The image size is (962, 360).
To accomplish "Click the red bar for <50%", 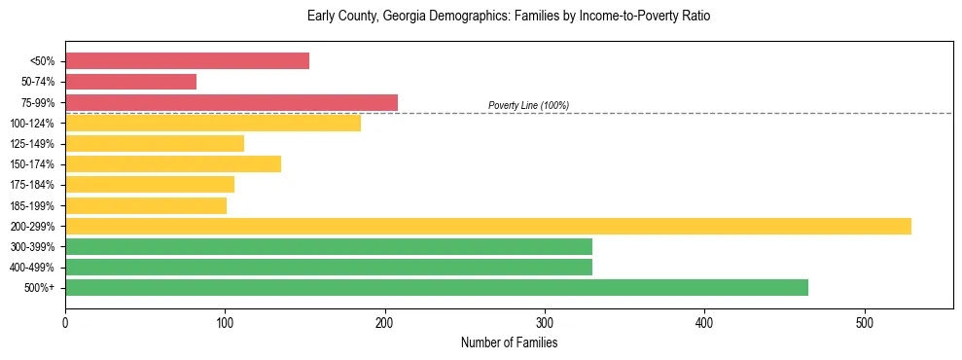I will [x=187, y=61].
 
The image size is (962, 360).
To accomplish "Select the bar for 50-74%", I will [x=130, y=82].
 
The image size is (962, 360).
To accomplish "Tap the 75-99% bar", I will [x=232, y=102].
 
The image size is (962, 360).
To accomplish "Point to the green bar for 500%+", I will [x=437, y=288].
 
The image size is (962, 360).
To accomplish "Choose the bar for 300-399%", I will [x=329, y=247].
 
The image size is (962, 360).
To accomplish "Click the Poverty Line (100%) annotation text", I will [x=528, y=105].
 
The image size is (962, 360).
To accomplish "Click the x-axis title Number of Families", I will [x=509, y=343].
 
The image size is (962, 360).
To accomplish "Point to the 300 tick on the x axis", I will [x=545, y=322].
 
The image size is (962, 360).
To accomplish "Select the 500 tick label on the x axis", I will [x=865, y=322].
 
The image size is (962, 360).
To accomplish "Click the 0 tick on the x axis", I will [x=65, y=322].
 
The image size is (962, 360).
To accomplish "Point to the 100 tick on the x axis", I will [x=225, y=322].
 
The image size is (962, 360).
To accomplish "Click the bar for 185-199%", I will [x=146, y=205].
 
